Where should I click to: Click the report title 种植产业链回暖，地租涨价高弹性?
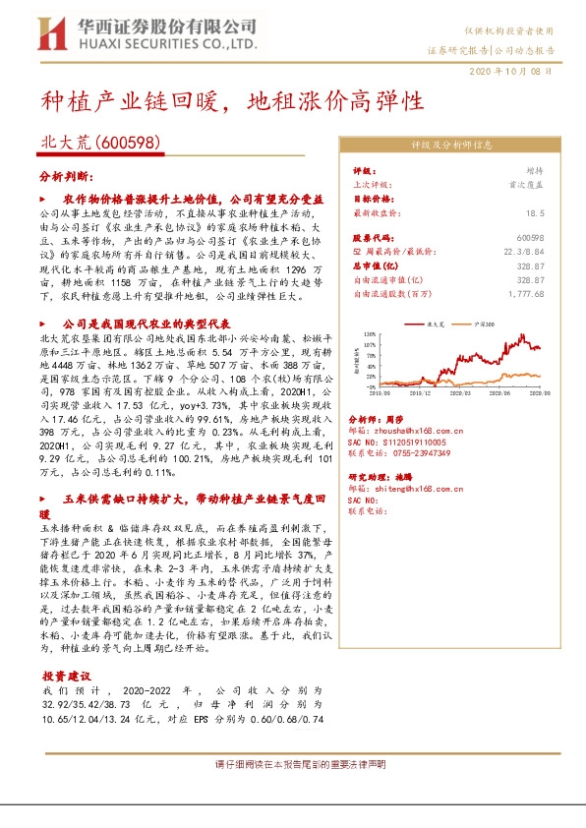[x=232, y=101]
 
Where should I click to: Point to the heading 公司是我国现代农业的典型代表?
[x=146, y=323]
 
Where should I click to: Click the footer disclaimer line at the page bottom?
[x=301, y=764]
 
